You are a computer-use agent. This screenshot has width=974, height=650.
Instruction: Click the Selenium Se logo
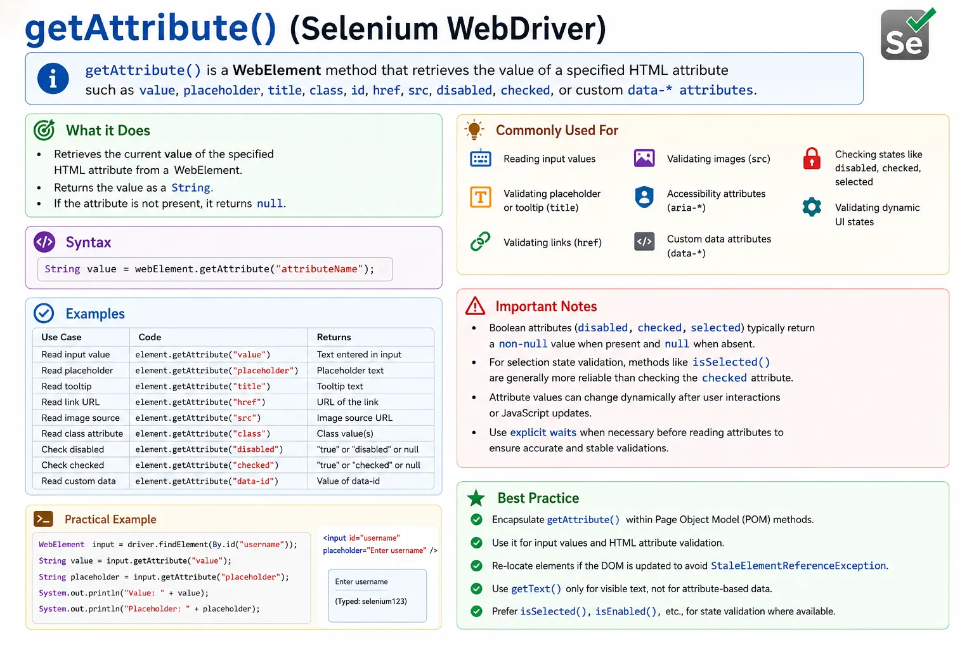(907, 34)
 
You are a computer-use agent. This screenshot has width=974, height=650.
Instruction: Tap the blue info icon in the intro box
(53, 79)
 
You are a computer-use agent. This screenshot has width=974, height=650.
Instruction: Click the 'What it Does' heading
(108, 130)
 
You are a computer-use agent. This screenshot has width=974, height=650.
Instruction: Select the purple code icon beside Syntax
(44, 242)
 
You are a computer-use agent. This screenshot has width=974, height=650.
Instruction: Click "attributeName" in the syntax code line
(319, 269)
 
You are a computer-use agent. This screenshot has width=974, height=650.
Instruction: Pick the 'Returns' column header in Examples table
(334, 337)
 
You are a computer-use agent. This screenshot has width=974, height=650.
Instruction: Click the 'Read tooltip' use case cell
(66, 386)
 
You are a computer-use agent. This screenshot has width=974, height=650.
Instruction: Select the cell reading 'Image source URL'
(354, 418)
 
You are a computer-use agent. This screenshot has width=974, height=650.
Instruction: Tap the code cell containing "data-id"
(207, 481)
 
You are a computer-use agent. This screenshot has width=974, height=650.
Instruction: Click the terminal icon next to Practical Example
(44, 519)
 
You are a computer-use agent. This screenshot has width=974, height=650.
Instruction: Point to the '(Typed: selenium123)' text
(371, 601)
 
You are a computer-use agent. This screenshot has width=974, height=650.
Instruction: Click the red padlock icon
(812, 158)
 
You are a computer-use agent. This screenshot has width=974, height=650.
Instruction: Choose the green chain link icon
(480, 241)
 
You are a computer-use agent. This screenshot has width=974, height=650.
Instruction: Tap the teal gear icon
(812, 207)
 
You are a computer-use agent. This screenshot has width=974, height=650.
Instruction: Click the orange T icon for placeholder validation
(480, 197)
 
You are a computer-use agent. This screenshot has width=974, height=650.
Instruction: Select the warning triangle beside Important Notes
(475, 306)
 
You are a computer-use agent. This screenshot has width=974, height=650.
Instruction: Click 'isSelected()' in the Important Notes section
(731, 362)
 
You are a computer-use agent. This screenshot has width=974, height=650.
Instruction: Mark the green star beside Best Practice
(476, 498)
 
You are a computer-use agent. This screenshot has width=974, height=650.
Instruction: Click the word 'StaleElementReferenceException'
(798, 566)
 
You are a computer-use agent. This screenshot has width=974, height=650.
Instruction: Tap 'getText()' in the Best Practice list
(536, 588)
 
